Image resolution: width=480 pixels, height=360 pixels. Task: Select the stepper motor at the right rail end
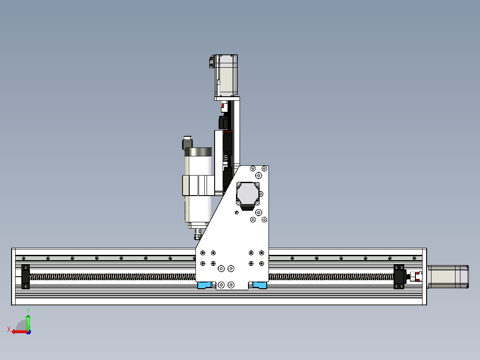click(448, 276)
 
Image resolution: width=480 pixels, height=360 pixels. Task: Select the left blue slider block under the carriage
click(205, 285)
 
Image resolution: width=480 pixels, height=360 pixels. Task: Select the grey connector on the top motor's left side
click(211, 62)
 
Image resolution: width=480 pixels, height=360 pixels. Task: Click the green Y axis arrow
click(28, 320)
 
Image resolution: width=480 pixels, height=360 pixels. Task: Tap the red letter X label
click(9, 330)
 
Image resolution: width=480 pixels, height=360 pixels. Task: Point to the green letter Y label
click(28, 309)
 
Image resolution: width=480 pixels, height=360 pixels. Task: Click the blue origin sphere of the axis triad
click(28, 331)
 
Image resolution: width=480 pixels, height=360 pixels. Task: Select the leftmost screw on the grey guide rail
click(24, 258)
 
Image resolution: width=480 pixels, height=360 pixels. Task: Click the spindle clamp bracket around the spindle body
click(197, 185)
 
